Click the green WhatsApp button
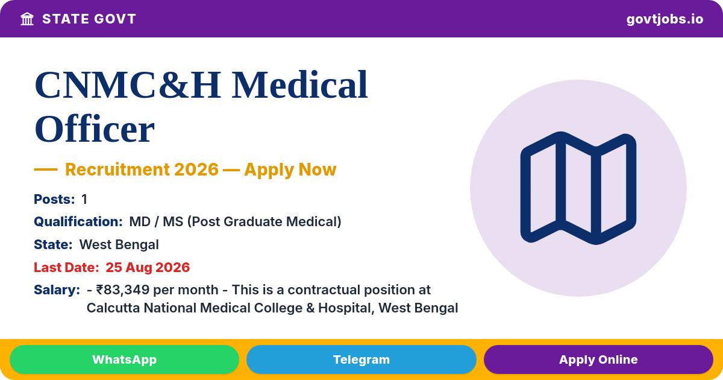(x=124, y=359)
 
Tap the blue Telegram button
(x=361, y=359)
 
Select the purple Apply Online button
(x=598, y=359)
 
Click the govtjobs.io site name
(x=665, y=19)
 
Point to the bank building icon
(x=27, y=19)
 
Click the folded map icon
(x=578, y=188)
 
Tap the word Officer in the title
(x=95, y=129)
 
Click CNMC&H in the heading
(x=128, y=85)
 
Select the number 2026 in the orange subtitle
(x=196, y=169)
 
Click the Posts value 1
(x=84, y=199)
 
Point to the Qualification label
(x=78, y=222)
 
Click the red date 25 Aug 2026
(x=148, y=267)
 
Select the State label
(x=53, y=245)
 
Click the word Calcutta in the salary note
(x=113, y=308)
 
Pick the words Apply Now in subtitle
(x=290, y=169)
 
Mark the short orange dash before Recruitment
(x=46, y=169)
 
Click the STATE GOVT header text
(x=89, y=19)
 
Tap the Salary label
(x=57, y=290)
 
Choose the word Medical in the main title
(x=300, y=85)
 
